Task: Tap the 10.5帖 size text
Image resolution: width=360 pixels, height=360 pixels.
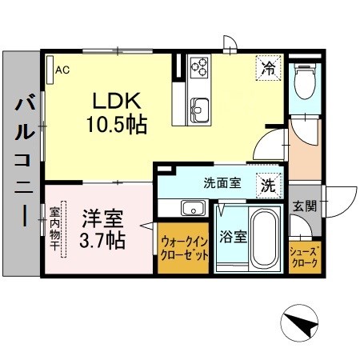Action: (x=118, y=125)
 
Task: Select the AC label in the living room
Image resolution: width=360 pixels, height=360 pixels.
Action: (x=61, y=70)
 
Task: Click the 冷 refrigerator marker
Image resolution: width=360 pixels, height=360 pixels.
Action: (x=270, y=69)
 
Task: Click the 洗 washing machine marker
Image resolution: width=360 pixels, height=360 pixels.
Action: (x=268, y=185)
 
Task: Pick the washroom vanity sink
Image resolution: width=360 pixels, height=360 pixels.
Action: (x=192, y=209)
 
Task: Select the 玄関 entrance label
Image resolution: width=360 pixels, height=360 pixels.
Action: (x=304, y=206)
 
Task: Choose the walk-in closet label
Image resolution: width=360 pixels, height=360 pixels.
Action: (x=184, y=248)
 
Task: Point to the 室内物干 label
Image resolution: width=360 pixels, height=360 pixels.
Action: (x=55, y=230)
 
